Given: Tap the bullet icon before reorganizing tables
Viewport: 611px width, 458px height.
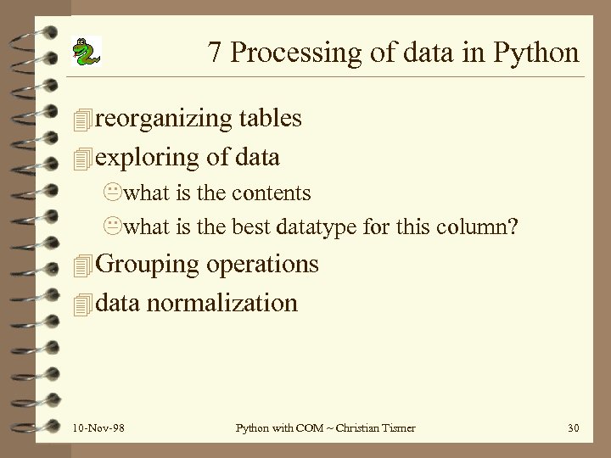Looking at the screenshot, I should coord(81,120).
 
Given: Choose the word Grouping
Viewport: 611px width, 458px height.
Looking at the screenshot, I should coord(148,265).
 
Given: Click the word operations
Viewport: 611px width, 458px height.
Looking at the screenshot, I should coord(262,265).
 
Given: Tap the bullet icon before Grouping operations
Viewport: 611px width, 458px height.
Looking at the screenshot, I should coord(81,265).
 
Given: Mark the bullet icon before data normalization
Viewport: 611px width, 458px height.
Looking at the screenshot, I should coord(81,304).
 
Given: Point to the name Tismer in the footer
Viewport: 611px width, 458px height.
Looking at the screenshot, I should coord(395,427).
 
